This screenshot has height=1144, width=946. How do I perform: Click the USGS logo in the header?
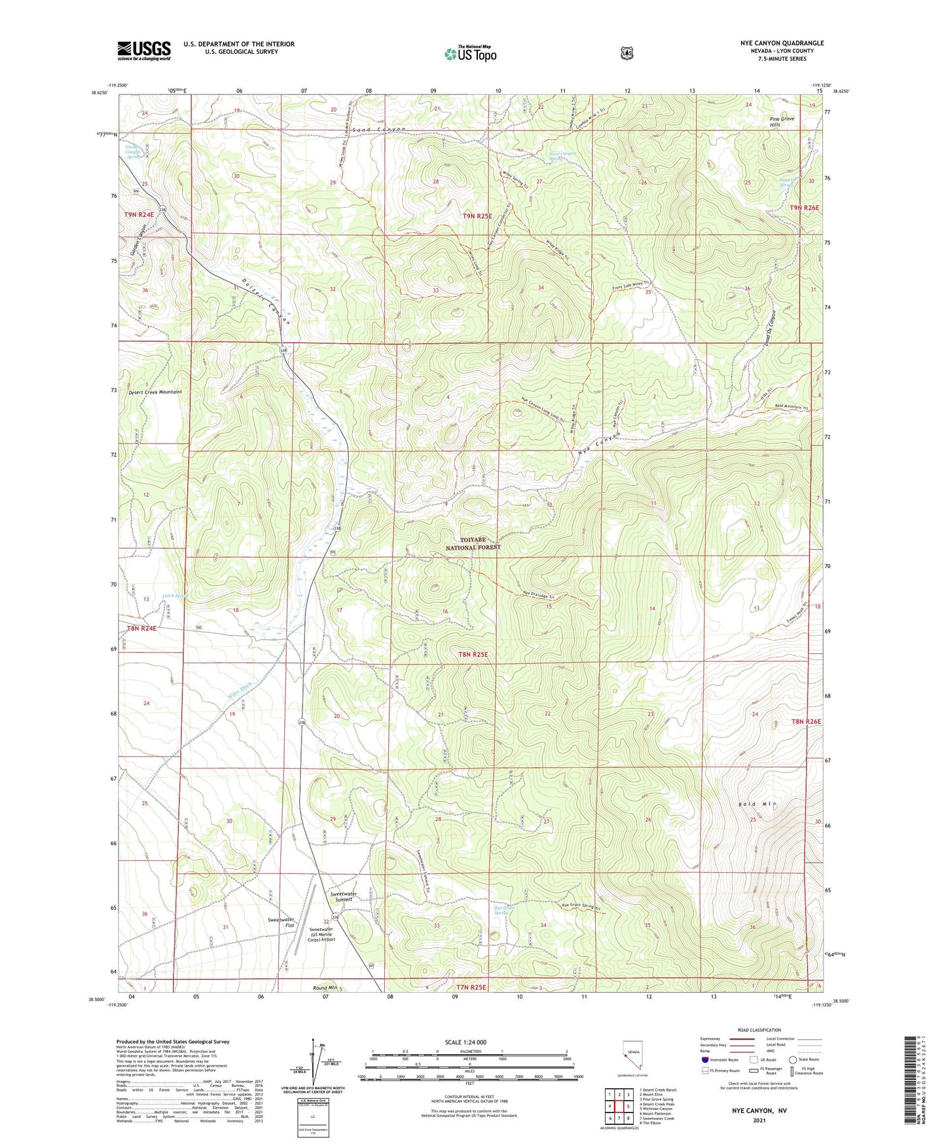coord(144,50)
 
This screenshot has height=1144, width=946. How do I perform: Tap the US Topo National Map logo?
coord(469,54)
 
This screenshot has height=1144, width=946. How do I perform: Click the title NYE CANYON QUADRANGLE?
coord(782,43)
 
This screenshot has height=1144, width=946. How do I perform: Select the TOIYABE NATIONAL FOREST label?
coord(473,543)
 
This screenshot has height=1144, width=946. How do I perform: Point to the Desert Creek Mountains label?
coord(155,392)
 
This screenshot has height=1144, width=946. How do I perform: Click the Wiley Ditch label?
coord(240,690)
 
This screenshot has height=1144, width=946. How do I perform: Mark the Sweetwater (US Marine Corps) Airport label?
coord(321,934)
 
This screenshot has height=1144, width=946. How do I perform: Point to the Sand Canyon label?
coord(379,130)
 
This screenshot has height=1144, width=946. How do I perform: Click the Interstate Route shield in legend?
coord(704,1059)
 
